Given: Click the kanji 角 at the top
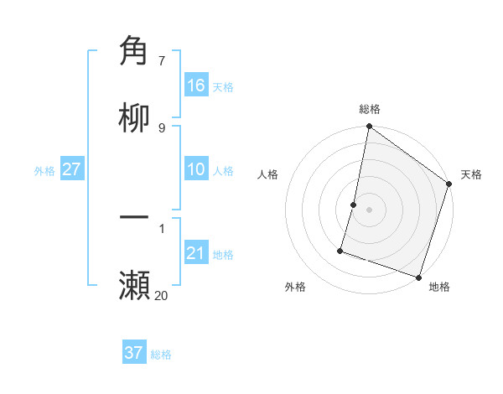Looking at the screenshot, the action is (135, 51).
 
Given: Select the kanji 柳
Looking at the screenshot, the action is (135, 119).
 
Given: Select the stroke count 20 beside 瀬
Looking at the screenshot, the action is (161, 295).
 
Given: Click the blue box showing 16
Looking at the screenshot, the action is (196, 86).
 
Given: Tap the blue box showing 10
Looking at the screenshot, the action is (196, 170).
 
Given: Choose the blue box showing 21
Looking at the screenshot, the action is (196, 254).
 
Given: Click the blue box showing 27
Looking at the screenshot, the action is (71, 170).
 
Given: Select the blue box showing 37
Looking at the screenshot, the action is (133, 354).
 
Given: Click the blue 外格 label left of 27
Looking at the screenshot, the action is (44, 171).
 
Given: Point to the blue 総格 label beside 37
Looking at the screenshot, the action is (161, 355).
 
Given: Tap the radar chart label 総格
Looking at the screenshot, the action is (369, 109).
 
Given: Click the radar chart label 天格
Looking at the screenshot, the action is (471, 174).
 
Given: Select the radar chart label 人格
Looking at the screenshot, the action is (268, 174).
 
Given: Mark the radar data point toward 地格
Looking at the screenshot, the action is (418, 277).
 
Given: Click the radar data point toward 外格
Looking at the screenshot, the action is (340, 250).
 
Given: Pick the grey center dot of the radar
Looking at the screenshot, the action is (369, 210).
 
